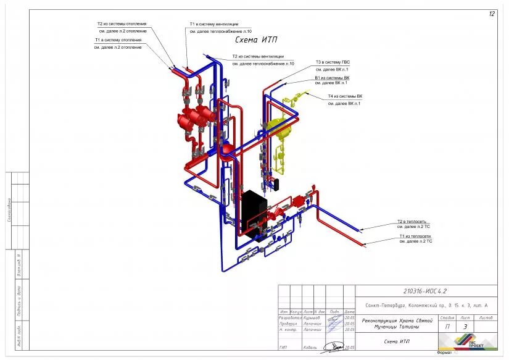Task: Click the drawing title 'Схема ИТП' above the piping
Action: coord(256,40)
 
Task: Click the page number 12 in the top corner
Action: coord(492,14)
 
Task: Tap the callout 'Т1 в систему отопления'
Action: coord(118,40)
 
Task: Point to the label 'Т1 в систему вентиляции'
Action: coord(213,24)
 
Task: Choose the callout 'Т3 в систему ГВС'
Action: coord(336,62)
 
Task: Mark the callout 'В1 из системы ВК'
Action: coord(332,78)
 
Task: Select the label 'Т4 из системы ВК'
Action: coord(345,96)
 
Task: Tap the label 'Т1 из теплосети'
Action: coord(415,236)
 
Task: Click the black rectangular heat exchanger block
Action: coord(254,214)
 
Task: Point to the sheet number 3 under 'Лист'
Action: coord(465,327)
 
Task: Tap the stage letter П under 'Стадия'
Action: coord(447,327)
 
